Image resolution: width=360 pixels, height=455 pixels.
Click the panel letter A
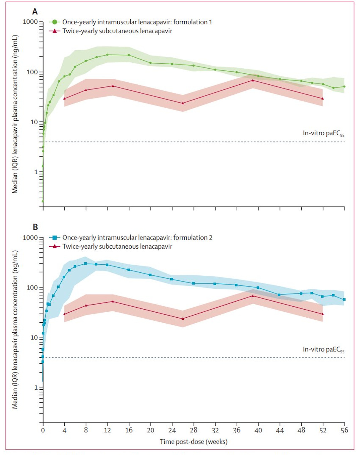35,12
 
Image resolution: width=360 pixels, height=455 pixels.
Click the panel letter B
35,227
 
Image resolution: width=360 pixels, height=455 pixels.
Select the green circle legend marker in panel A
54,22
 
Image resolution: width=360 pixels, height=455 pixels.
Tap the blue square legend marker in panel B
54,238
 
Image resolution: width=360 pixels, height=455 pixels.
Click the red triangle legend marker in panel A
54,31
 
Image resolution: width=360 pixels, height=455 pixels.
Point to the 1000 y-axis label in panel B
30,238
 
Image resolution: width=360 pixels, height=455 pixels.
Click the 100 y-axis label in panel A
32,72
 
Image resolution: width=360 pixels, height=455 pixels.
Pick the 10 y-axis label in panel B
34,337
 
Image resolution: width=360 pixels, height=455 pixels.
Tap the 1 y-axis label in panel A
36,172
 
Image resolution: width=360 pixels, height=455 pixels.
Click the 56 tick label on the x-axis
344,430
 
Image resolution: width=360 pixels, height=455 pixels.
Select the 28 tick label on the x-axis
194,430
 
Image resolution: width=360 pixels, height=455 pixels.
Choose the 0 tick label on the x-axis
43,430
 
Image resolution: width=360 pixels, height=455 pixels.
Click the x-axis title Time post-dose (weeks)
193,442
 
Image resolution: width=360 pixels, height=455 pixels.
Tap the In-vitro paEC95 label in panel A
323,133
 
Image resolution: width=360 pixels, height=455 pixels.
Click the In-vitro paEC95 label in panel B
323,349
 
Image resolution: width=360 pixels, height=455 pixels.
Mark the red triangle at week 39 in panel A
253,80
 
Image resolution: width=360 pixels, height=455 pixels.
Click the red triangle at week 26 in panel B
183,319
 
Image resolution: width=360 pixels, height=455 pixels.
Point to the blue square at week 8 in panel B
85,263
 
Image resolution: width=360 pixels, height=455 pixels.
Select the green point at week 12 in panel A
107,55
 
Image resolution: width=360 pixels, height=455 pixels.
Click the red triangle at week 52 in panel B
322,314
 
